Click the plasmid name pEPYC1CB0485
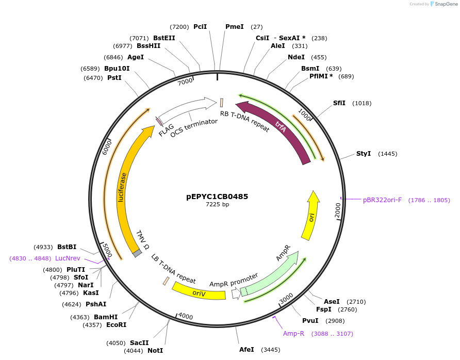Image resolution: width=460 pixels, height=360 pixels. click(217, 197)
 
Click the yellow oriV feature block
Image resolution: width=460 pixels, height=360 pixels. click(199, 292)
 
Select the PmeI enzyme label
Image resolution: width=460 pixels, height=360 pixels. click(235, 26)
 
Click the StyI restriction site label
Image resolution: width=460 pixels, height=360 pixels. click(364, 154)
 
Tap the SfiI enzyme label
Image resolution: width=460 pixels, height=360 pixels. click(339, 103)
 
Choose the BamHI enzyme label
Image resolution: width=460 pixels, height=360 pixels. click(106, 317)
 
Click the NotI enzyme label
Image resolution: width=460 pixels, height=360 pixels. click(155, 351)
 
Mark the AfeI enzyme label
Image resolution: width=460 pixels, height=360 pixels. click(247, 350)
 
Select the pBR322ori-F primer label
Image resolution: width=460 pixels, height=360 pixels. click(382, 200)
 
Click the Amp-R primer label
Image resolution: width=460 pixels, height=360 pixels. click(293, 334)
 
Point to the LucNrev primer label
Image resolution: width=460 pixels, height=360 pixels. click(68, 258)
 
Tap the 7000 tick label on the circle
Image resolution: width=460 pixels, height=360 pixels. click(185, 82)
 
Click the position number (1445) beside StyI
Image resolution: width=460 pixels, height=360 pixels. click(387, 154)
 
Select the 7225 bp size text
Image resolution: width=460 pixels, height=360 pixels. click(217, 205)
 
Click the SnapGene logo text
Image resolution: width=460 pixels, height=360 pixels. click(446, 4)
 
